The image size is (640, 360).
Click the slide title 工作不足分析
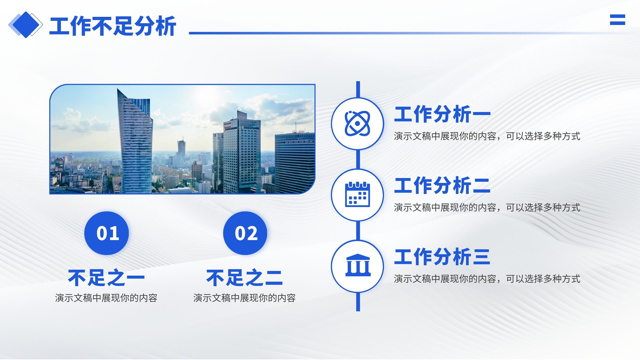tap(112, 26)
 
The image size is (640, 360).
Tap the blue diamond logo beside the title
tap(26, 25)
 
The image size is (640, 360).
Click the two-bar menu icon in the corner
tap(618, 20)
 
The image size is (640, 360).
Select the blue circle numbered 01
tap(106, 233)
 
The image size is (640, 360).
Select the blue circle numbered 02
tap(245, 233)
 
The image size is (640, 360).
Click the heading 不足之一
tap(106, 278)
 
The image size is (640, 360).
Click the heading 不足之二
tap(244, 278)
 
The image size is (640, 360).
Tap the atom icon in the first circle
tap(358, 124)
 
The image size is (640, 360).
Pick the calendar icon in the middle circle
tap(358, 194)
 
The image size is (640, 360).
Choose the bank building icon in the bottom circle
tap(358, 265)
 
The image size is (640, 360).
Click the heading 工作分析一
tap(442, 114)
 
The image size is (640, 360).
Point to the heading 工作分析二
tap(442, 186)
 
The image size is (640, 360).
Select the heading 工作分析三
tap(442, 256)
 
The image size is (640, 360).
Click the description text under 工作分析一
tap(487, 136)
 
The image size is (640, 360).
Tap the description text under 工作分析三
tap(487, 279)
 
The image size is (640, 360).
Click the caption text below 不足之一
tap(106, 298)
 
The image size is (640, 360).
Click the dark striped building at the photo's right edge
tap(295, 163)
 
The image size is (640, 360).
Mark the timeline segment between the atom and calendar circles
tap(358, 160)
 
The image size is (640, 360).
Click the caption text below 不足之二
tap(244, 298)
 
